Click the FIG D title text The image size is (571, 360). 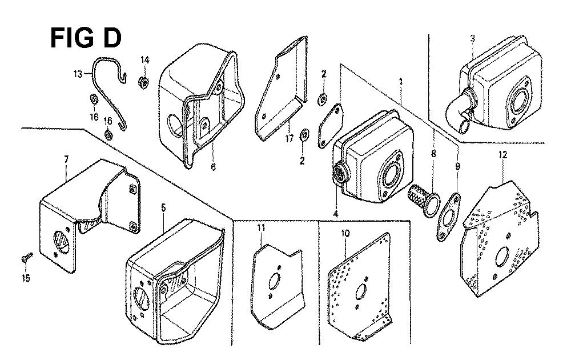pos(85,38)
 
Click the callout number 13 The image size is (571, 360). pos(78,74)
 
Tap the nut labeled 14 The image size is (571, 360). pos(144,83)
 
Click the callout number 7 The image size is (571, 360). pos(66,159)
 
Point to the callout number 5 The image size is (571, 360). pos(163,208)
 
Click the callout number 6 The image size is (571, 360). pos(213,167)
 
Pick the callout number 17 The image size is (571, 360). pos(289,139)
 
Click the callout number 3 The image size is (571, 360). pos(473,38)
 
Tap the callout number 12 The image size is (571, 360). pos(502,155)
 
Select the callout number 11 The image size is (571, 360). pos(261,228)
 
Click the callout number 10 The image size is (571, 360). pos(345,233)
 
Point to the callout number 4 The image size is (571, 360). pos(335,214)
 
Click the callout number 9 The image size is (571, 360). pos(458,166)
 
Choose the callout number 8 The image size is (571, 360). pos(433,154)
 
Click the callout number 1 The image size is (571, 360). pos(401,82)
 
